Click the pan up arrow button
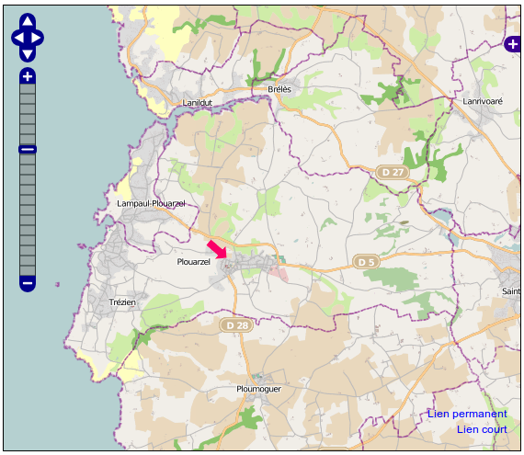pos(28,21)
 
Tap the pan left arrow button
pos(17,38)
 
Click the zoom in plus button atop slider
pos(28,76)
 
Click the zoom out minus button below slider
pos(28,283)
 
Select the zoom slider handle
pos(28,149)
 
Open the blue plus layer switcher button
pos(513,43)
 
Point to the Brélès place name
pos(279,89)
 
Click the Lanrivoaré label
pos(486,101)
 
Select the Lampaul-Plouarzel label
pos(152,203)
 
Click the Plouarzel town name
pos(193,262)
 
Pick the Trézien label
pos(121,302)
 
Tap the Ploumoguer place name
pos(258,389)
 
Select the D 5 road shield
pos(367,262)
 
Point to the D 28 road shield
pos(236,325)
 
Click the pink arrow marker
pos(217,250)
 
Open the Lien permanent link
pos(467,414)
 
